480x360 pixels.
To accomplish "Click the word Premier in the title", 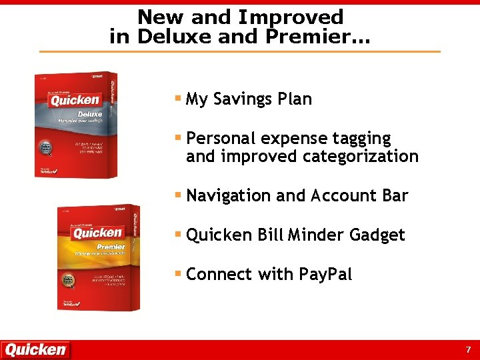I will (x=313, y=37).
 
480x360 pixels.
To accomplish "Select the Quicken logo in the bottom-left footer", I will (x=35, y=349).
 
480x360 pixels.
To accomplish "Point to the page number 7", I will (x=468, y=349).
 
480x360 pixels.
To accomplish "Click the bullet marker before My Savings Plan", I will (x=178, y=99).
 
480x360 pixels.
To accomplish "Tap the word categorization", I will (x=360, y=157).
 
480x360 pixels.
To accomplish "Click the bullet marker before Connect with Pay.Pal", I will (x=178, y=274).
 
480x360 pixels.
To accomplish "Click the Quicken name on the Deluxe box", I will (x=75, y=101).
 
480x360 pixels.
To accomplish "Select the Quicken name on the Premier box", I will (x=97, y=233).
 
